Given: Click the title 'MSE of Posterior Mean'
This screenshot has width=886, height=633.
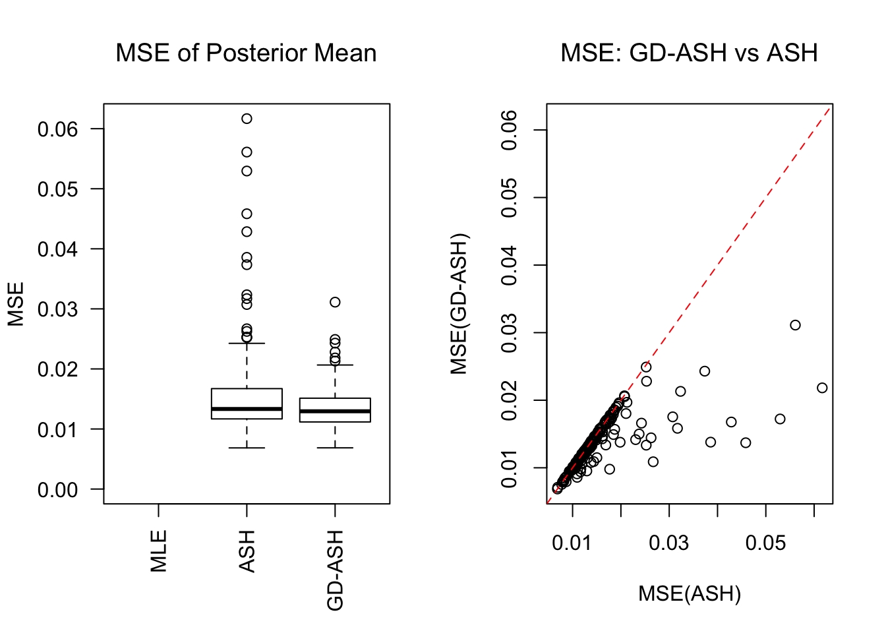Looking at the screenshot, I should coord(246,53).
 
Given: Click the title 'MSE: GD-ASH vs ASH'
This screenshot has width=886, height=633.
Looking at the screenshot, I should coord(689,53).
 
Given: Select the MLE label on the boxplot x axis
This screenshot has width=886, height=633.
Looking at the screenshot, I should coord(159,551).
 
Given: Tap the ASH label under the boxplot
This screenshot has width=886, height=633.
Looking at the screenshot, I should coord(247,551).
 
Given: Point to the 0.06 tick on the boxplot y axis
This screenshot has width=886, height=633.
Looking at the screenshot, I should coord(57,129).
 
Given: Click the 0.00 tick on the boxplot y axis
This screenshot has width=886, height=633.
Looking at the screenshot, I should coord(57,490).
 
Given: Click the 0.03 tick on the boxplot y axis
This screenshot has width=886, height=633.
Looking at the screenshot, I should coord(57,309).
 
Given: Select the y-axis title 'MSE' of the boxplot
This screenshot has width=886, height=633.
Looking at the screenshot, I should coord(16,304).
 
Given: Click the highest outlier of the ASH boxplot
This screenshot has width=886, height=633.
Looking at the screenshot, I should coord(247,119).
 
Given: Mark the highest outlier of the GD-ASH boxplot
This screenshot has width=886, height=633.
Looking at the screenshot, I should coord(335,302).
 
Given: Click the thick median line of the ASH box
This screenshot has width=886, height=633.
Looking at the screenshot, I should coord(247,409).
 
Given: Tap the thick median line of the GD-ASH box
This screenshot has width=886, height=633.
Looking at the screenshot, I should coord(335,411).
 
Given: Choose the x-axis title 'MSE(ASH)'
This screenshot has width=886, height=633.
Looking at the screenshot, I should coord(690,594).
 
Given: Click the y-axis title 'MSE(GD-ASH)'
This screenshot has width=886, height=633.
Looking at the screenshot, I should coord(459,304).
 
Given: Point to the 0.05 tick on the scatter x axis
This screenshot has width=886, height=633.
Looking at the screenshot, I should coord(765,543).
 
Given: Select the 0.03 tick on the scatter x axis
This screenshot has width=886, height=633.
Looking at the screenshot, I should coord(668,543).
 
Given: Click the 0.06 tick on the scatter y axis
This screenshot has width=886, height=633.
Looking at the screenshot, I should coord(509,130).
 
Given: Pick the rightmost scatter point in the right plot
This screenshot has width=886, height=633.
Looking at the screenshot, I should coord(822,388).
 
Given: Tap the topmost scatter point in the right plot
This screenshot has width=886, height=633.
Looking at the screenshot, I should coord(795,325).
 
